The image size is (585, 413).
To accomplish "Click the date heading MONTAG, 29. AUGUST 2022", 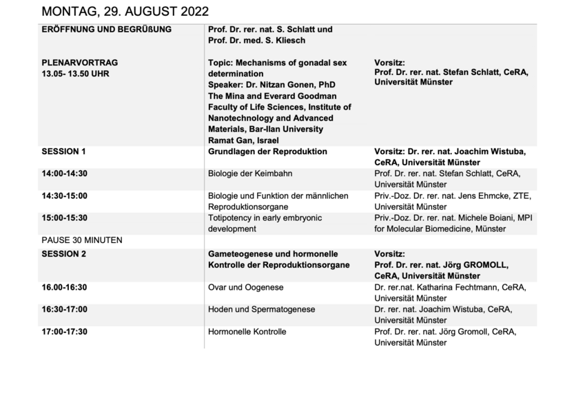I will [125, 12].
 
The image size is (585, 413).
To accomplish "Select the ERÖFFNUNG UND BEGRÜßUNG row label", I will [107, 30].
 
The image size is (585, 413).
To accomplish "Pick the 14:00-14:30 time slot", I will [65, 173].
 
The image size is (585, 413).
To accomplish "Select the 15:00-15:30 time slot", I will [65, 218].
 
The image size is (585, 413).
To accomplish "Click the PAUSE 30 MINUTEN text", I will [82, 240].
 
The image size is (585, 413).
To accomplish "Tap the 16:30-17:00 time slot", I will [65, 309].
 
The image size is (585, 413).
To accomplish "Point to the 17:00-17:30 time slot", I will [65, 332].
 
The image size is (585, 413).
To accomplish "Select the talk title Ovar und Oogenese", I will [246, 287].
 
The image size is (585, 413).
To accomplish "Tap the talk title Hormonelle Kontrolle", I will [247, 332].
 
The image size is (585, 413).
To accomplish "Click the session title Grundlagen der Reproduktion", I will [267, 151].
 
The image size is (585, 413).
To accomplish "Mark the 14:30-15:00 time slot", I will [65, 195].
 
